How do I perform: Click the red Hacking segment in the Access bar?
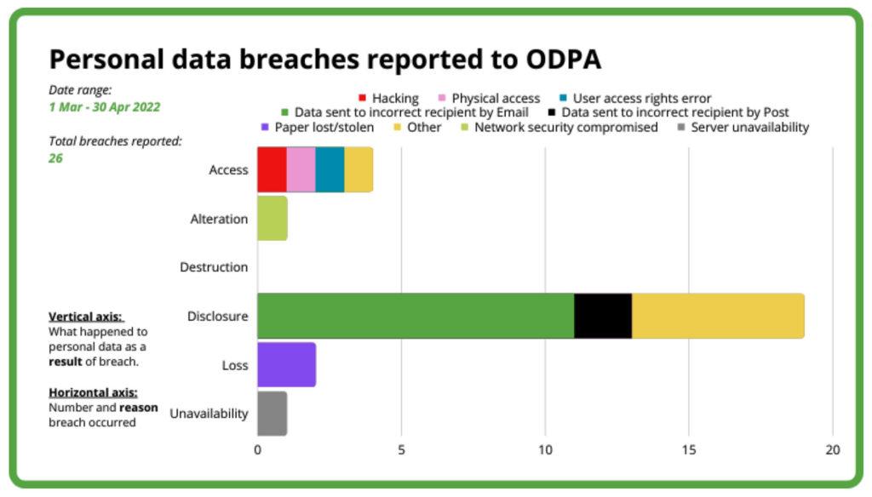coord(272,169)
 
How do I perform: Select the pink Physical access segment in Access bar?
coord(301,169)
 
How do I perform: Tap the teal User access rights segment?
coord(330,169)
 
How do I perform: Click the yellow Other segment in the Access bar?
coord(359,169)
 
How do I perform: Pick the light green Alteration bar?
coord(272,218)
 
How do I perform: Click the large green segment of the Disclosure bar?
coord(416,316)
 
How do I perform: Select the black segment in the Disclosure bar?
coord(603,316)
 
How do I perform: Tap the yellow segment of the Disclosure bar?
coord(718,316)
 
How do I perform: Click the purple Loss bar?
coord(286,365)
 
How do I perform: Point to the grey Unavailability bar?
coord(272,414)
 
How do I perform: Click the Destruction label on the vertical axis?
coord(214,267)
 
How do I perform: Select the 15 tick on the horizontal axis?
coord(689,450)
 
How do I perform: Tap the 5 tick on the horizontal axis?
coord(401,450)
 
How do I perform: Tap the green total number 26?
coord(55,158)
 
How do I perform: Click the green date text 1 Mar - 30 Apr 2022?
coord(104,107)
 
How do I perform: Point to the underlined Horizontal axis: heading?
coord(92,393)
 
